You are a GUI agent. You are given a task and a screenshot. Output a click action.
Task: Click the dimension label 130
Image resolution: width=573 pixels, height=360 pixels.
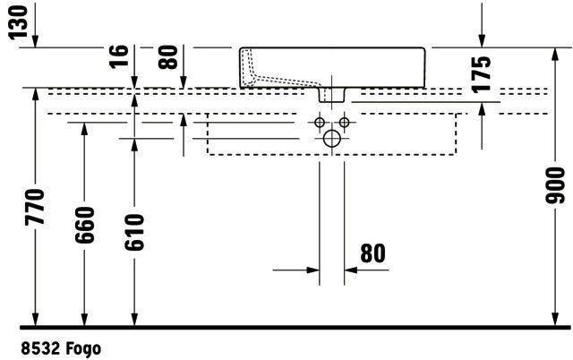coord(18,21)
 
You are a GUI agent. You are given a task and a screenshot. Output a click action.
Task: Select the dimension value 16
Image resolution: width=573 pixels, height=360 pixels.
coord(119,56)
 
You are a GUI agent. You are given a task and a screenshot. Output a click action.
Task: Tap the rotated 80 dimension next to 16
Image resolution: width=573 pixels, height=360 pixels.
coord(168,57)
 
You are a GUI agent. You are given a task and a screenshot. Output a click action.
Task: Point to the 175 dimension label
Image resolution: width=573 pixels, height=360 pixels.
coord(481,73)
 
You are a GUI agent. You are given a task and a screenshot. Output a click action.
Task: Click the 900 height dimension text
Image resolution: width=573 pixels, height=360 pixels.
coord(555,185)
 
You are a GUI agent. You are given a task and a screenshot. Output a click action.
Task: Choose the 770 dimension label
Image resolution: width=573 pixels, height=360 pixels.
coord(35,207)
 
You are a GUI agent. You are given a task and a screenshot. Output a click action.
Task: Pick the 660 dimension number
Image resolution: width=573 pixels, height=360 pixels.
coord(84,225)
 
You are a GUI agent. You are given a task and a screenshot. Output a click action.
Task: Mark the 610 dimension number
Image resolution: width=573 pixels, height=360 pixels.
coord(134,233)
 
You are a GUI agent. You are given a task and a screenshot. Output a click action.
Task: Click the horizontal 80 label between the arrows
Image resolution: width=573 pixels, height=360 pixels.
coord(372,253)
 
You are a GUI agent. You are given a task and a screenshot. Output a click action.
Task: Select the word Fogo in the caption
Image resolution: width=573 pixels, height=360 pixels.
coord(83,348)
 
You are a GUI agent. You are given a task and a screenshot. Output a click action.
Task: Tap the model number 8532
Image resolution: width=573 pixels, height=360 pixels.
coord(40,348)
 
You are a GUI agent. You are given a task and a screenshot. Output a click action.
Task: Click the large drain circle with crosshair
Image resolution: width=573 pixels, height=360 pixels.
coord(332,139)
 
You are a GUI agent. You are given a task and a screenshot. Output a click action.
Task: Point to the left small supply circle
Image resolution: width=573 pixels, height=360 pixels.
coord(320,123)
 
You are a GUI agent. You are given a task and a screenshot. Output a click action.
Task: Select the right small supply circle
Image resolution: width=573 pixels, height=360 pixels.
coord(344,123)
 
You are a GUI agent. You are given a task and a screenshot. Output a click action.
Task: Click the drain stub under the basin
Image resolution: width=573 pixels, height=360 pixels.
coord(332,95)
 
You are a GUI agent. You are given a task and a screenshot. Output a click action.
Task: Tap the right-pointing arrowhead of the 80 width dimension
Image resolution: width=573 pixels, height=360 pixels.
coord(313,270)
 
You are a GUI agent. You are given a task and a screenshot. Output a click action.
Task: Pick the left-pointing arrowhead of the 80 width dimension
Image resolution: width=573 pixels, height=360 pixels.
coord(351,270)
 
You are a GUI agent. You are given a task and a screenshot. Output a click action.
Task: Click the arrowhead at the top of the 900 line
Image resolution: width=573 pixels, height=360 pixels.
coord(555,55)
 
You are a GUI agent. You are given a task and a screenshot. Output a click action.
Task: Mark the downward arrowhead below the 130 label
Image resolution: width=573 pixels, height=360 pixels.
coord(35,41)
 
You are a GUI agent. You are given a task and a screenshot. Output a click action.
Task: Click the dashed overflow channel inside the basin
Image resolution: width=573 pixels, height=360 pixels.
coord(278,79)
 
